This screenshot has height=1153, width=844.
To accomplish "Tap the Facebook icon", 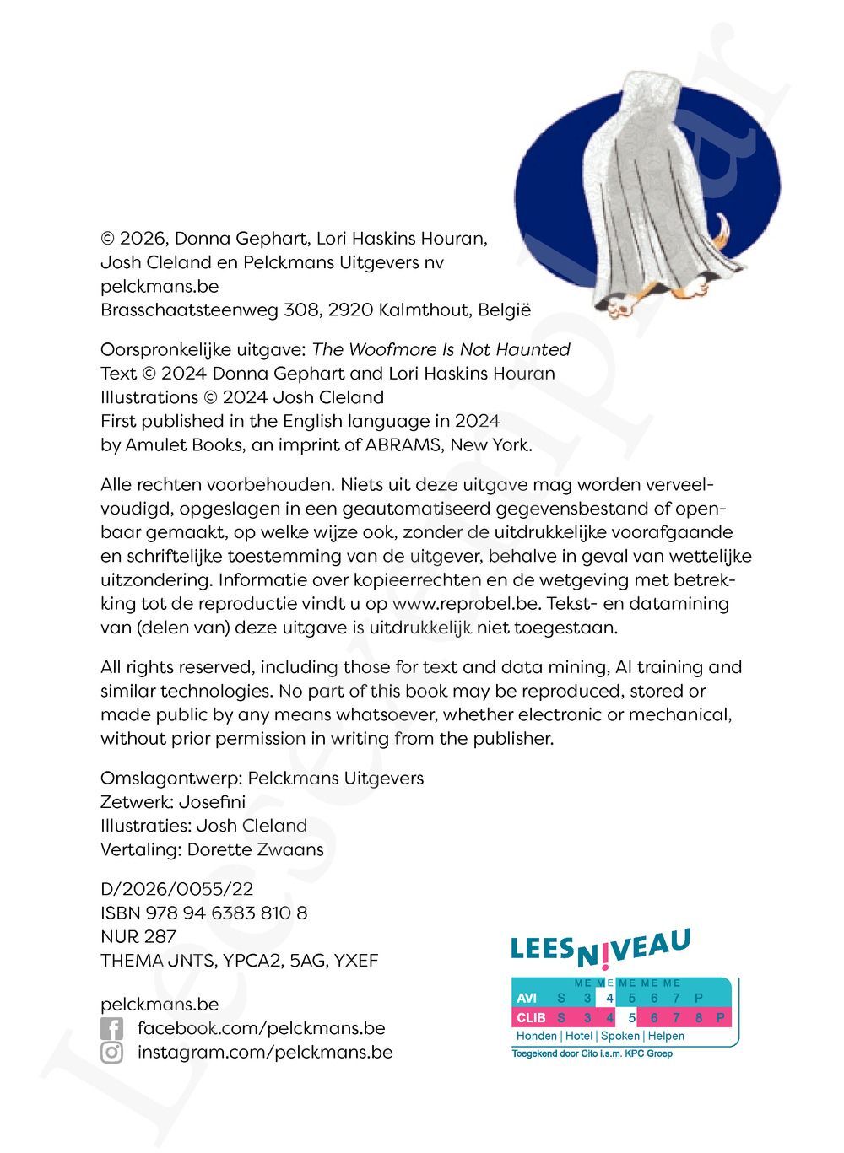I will [x=111, y=1029].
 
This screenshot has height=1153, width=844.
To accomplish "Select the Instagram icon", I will [x=111, y=1053].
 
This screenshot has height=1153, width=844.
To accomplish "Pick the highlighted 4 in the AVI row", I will [x=609, y=998].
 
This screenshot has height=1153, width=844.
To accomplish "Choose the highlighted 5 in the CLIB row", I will [x=631, y=1017].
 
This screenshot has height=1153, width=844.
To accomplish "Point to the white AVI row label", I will [x=527, y=998].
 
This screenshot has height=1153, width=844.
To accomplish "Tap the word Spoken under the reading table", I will [x=619, y=1036].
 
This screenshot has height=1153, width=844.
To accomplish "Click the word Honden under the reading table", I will [x=536, y=1036].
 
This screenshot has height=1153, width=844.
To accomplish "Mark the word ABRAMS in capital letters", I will [x=404, y=444].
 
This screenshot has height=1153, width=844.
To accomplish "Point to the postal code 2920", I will [x=350, y=310].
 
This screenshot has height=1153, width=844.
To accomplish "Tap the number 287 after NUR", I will [x=160, y=936].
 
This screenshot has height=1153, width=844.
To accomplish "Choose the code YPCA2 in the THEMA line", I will [x=253, y=960].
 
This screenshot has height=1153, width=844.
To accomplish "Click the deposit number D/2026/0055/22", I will [x=176, y=889].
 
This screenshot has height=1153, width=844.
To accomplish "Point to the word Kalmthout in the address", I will [x=424, y=310].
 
